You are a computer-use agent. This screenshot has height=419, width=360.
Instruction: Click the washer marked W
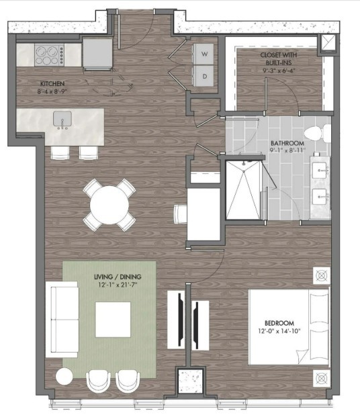(x=204, y=52)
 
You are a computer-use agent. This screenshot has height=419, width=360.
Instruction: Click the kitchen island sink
(x=64, y=120)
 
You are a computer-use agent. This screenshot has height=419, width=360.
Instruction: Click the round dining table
(x=109, y=205)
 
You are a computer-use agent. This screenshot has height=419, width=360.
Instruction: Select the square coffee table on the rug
(x=113, y=320)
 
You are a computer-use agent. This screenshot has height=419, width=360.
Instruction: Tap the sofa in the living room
(x=62, y=320)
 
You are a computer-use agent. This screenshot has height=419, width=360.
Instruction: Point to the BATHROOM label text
(x=287, y=144)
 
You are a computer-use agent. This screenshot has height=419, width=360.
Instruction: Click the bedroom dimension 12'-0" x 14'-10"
(x=289, y=332)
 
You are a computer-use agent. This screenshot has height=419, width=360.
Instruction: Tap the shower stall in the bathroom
(x=242, y=190)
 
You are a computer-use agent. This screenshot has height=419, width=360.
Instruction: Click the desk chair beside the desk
(x=181, y=214)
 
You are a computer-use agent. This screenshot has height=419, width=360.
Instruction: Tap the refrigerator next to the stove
(x=97, y=52)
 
